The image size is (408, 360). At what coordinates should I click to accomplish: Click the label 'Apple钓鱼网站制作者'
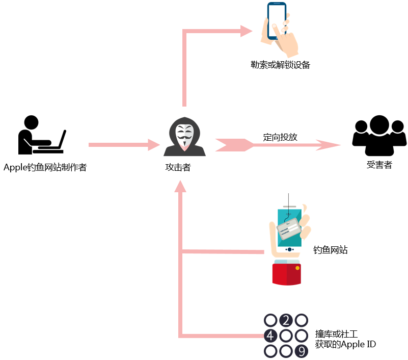pyautogui.click(x=45, y=167)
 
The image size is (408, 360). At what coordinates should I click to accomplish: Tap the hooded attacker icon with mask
pyautogui.click(x=184, y=137)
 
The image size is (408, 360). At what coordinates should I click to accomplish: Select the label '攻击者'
pyautogui.click(x=178, y=167)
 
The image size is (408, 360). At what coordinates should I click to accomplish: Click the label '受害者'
pyautogui.click(x=379, y=165)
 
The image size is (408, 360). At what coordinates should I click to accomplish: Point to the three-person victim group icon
pyautogui.click(x=379, y=136)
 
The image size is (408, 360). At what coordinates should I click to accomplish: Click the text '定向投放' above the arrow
pyautogui.click(x=280, y=137)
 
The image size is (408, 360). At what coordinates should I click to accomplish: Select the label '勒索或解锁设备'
pyautogui.click(x=280, y=65)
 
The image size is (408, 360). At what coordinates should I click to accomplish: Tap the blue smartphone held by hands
pyautogui.click(x=277, y=21)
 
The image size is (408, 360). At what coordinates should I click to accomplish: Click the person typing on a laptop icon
pyautogui.click(x=42, y=135)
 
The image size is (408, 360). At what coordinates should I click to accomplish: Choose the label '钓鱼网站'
pyautogui.click(x=330, y=250)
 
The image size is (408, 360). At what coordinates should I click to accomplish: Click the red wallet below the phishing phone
pyautogui.click(x=286, y=274)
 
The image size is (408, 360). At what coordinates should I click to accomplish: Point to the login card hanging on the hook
pyautogui.click(x=289, y=229)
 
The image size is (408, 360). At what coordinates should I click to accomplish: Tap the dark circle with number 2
pyautogui.click(x=286, y=320)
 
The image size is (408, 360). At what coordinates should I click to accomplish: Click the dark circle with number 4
pyautogui.click(x=270, y=336)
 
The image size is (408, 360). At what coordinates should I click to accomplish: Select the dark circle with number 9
pyautogui.click(x=302, y=351)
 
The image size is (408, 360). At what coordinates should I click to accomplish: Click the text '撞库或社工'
pyautogui.click(x=337, y=334)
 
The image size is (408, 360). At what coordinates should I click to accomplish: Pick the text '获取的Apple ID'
pyautogui.click(x=345, y=344)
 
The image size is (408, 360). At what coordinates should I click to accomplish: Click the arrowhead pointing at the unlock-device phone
pyautogui.click(x=246, y=31)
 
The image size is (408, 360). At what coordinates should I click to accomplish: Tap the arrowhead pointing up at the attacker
pyautogui.click(x=180, y=187)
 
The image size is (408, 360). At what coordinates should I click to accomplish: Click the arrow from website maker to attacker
pyautogui.click(x=124, y=145)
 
